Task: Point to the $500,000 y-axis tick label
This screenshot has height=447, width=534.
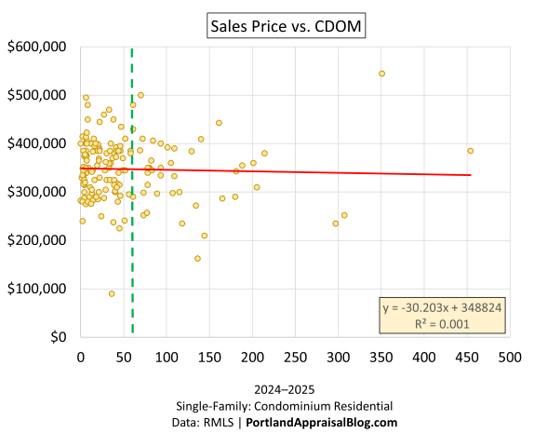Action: tap(38, 95)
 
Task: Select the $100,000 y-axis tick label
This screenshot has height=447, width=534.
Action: tap(38, 289)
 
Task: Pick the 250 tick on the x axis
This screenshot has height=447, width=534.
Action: tap(295, 357)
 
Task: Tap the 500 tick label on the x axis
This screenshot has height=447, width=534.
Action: tap(509, 357)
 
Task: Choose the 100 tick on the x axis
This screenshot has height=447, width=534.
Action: tap(167, 357)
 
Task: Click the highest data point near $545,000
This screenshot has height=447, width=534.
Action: tap(381, 74)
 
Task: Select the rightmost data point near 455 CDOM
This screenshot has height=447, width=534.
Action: tap(471, 151)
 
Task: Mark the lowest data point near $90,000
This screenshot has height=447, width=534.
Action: tap(112, 293)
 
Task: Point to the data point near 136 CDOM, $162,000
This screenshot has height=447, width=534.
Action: tap(197, 259)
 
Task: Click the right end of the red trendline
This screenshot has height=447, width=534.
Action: tap(470, 175)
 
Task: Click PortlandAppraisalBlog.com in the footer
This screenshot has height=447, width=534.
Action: tap(321, 422)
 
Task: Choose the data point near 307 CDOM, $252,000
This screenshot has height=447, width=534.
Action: tap(344, 215)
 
